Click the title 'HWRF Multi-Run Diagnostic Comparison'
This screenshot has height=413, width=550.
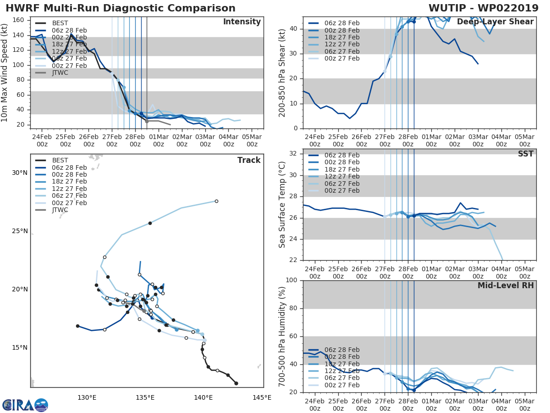click(x=121, y=8)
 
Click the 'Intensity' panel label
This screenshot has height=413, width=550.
click(x=242, y=22)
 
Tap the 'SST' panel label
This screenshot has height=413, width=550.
click(x=526, y=154)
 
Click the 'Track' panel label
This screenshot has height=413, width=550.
click(x=249, y=160)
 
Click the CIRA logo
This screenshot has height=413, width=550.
click(x=25, y=405)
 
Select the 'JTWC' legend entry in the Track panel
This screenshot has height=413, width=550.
click(x=60, y=210)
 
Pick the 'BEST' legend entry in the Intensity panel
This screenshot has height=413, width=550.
click(x=60, y=23)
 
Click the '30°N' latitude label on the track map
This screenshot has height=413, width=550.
click(x=20, y=173)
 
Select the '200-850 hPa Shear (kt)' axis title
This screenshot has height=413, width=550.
click(x=282, y=73)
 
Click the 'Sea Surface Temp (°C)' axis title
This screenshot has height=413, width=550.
click(x=282, y=205)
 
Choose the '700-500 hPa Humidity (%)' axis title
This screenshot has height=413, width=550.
click(x=282, y=336)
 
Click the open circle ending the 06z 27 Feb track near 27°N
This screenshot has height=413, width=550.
click(x=216, y=201)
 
